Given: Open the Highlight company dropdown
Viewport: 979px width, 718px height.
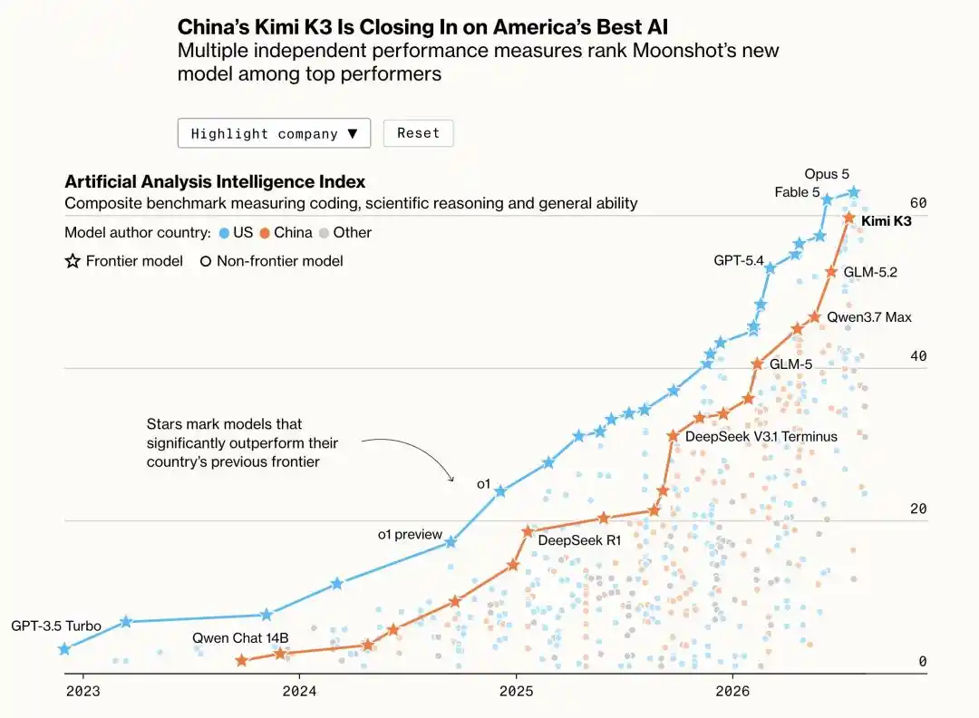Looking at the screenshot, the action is point(274,133).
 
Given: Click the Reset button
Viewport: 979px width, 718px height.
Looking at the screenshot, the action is point(418,133).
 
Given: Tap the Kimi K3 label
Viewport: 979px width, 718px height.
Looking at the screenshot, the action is point(886,221).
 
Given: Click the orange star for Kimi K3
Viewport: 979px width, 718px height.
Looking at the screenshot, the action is point(849,218).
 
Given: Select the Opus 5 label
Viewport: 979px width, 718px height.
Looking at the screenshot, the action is point(827,174).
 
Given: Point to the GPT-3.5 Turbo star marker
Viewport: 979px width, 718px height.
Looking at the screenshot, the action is point(63,649).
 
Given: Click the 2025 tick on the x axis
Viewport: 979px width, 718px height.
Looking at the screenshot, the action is point(517,691).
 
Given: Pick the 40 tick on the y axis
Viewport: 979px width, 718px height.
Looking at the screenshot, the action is point(918,356).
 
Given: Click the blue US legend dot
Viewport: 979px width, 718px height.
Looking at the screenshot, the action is point(224,234).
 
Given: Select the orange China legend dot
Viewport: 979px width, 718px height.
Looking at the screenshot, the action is point(265,234).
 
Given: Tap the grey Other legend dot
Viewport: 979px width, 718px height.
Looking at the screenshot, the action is point(324,234).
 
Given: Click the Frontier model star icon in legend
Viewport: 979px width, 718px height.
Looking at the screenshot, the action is point(73,261).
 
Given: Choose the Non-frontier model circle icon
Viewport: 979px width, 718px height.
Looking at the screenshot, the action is point(206,262).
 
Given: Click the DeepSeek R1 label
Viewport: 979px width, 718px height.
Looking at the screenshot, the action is point(579,540).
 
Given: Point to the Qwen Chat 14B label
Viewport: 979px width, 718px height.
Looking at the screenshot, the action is point(240,638).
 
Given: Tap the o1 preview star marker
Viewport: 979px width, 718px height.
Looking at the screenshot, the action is point(451,542).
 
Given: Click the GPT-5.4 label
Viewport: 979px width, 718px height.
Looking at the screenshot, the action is point(739,260).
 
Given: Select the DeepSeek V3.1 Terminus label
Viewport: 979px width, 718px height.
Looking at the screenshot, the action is point(761,436).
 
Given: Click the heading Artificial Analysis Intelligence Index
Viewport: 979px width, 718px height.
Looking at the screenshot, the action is point(215,181).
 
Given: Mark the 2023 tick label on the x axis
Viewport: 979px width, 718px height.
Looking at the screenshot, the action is point(83,691).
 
